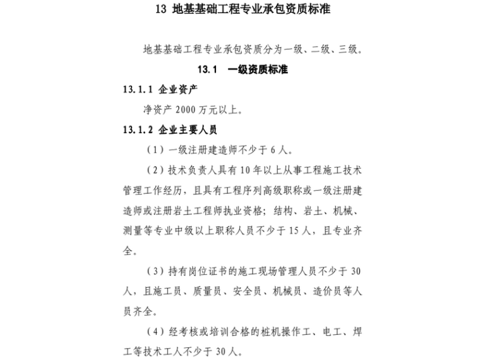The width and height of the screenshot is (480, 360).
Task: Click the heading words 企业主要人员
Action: point(188,130)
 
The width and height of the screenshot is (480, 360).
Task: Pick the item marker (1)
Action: point(155,150)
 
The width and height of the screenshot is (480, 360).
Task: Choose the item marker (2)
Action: point(155,171)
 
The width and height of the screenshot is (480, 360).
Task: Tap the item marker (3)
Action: point(155,271)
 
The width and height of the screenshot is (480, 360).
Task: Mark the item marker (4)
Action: point(155,331)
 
